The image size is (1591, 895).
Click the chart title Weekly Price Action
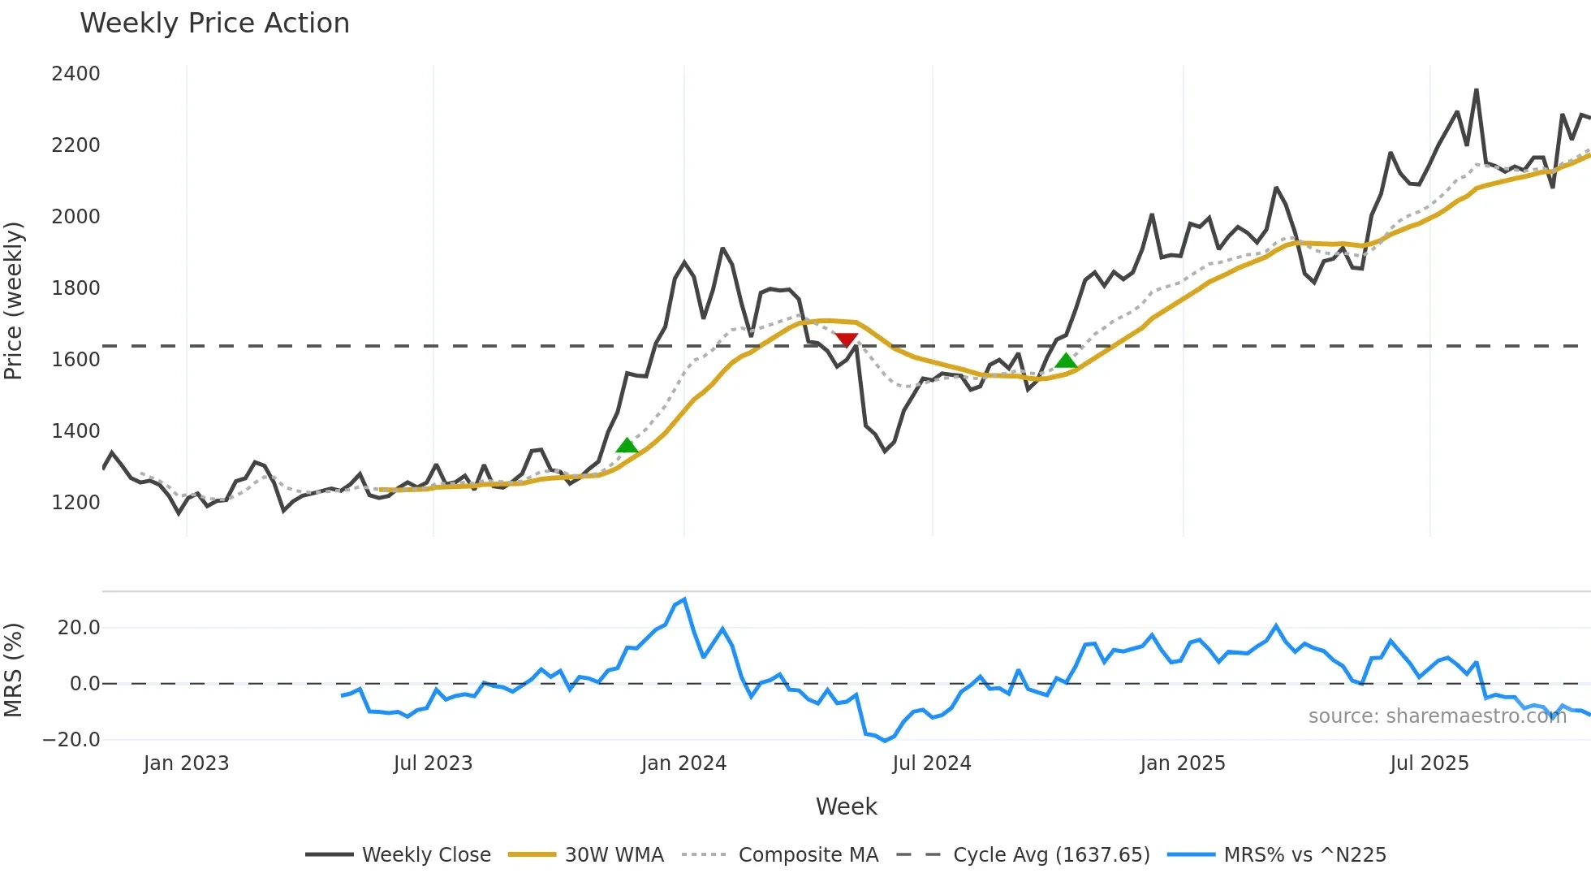[x=214, y=24]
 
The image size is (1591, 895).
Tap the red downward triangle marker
[x=847, y=339]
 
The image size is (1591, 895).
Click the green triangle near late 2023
[x=627, y=445]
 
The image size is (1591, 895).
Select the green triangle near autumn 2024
[x=1066, y=361]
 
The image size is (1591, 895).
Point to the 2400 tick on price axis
[x=75, y=74]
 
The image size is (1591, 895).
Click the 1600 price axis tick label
[x=75, y=360]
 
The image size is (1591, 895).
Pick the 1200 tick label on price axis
[x=75, y=503]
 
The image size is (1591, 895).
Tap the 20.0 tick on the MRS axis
[x=79, y=628]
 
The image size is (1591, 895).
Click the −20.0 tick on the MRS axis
[x=71, y=740]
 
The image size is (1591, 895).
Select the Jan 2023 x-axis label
[x=186, y=763]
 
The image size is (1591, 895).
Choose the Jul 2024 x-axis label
[x=931, y=763]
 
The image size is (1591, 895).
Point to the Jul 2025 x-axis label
[x=1429, y=763]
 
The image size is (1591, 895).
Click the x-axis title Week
[x=846, y=806]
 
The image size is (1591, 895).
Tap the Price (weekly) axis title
[x=14, y=300]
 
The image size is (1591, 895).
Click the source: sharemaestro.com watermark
[x=1437, y=716]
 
